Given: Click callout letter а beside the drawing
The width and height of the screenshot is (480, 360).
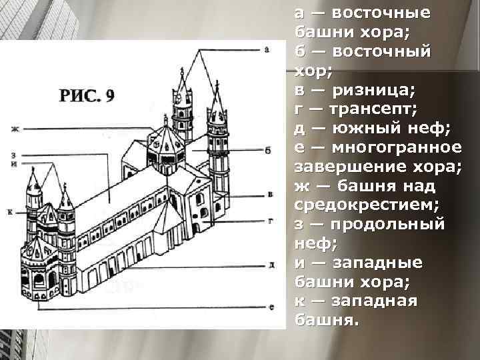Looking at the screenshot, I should [x=267, y=49].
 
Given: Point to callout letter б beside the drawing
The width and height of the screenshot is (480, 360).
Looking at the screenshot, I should [x=267, y=151].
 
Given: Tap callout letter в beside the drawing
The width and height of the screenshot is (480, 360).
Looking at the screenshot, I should [x=270, y=194].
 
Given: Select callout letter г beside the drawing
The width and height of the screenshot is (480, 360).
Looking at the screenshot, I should [x=270, y=219].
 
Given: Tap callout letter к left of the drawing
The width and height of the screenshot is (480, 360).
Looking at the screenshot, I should [x=11, y=211].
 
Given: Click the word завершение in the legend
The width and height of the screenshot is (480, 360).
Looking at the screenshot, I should [x=341, y=165].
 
